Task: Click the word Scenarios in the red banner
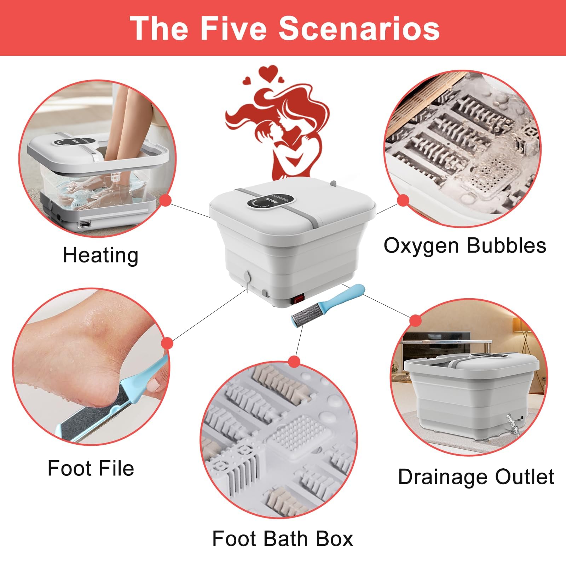tap(359, 28)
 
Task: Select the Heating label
tap(100, 255)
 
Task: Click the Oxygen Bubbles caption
tap(465, 246)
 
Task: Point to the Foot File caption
tap(91, 468)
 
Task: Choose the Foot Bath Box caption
tap(283, 539)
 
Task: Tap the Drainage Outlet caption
tap(476, 477)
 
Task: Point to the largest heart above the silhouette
tap(267, 74)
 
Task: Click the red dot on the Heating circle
tap(165, 201)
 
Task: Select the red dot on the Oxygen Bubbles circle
tap(403, 201)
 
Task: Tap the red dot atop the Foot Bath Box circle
tap(294, 362)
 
